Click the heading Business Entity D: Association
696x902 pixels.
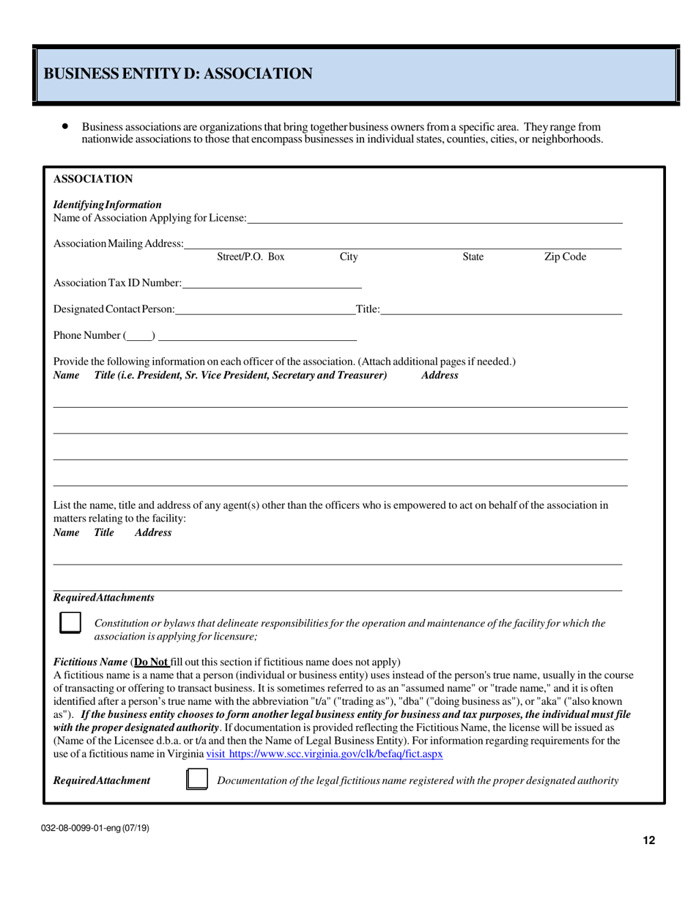click(x=178, y=73)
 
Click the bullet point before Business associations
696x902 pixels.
click(x=65, y=127)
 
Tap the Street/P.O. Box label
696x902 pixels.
click(x=251, y=257)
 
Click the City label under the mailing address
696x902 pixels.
click(x=349, y=257)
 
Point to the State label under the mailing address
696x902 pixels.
click(x=473, y=257)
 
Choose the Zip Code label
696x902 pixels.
click(x=564, y=257)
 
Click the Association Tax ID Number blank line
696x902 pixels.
click(x=272, y=283)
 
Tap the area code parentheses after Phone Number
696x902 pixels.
click(x=139, y=336)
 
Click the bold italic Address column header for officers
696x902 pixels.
click(x=440, y=375)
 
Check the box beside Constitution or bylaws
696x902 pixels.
click(x=70, y=623)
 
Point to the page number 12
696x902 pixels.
click(x=648, y=840)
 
